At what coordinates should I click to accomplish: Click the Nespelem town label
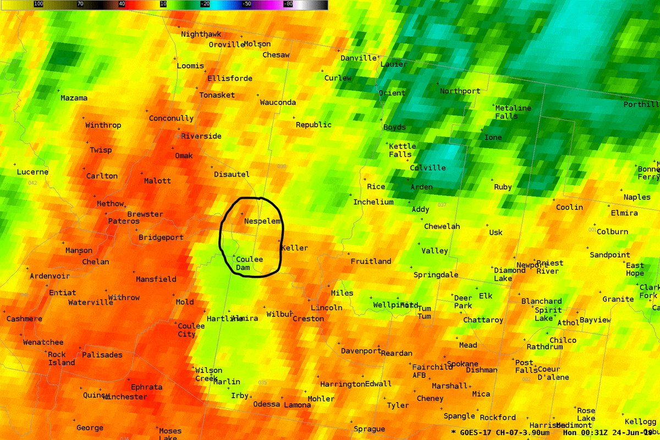coord(262,221)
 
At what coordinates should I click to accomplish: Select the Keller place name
coord(294,248)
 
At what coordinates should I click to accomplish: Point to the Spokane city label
coord(463,364)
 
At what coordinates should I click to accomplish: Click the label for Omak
coord(184,155)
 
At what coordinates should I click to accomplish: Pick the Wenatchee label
coord(43,342)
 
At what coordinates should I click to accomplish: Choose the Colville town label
coord(428,168)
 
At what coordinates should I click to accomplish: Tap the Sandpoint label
coord(610,255)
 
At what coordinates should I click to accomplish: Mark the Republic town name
coord(313,125)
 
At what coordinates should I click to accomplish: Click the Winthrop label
coord(103,125)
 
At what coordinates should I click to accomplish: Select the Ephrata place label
coord(146,387)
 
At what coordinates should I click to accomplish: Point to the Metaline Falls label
coord(513,112)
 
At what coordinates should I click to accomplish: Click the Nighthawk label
coord(201,34)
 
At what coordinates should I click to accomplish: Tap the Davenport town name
coord(361,350)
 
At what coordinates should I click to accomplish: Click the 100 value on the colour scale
coord(38,3)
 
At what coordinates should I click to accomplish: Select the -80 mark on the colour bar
coord(287,3)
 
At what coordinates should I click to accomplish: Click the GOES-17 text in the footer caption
coord(475,432)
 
